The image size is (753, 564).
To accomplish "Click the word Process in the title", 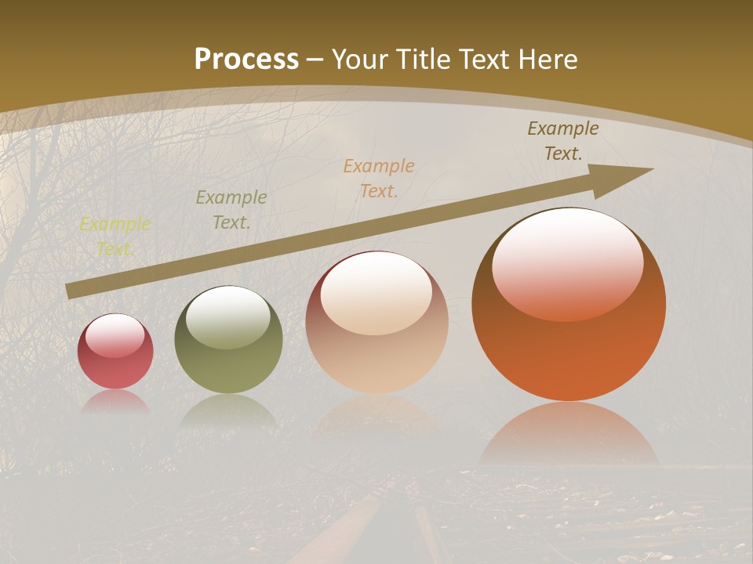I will [246, 59].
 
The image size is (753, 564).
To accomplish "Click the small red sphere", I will [115, 352].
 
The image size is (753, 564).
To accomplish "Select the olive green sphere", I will [228, 341].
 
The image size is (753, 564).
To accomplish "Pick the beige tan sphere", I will [376, 323].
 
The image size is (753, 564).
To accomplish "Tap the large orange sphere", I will [569, 305].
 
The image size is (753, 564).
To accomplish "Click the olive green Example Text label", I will [231, 210].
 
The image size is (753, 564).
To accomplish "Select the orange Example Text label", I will [379, 178].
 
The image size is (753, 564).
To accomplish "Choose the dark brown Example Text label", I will [563, 141].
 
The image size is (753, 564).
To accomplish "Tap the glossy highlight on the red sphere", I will [115, 334].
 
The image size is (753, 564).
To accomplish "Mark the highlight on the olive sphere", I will [228, 315].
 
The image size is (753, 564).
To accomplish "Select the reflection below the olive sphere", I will [228, 410].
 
